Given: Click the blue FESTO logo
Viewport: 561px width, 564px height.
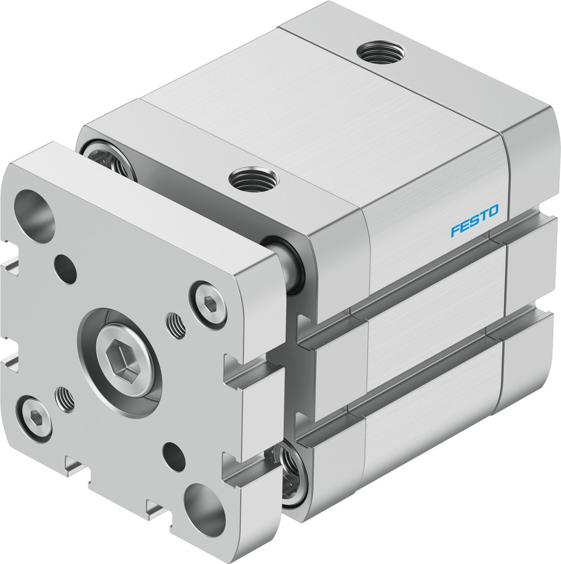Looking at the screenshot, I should pos(474,221).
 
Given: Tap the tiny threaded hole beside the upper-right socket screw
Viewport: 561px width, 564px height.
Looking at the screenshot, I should pos(176,326).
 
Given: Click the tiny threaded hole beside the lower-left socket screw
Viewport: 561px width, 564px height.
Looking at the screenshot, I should pos(65,399).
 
